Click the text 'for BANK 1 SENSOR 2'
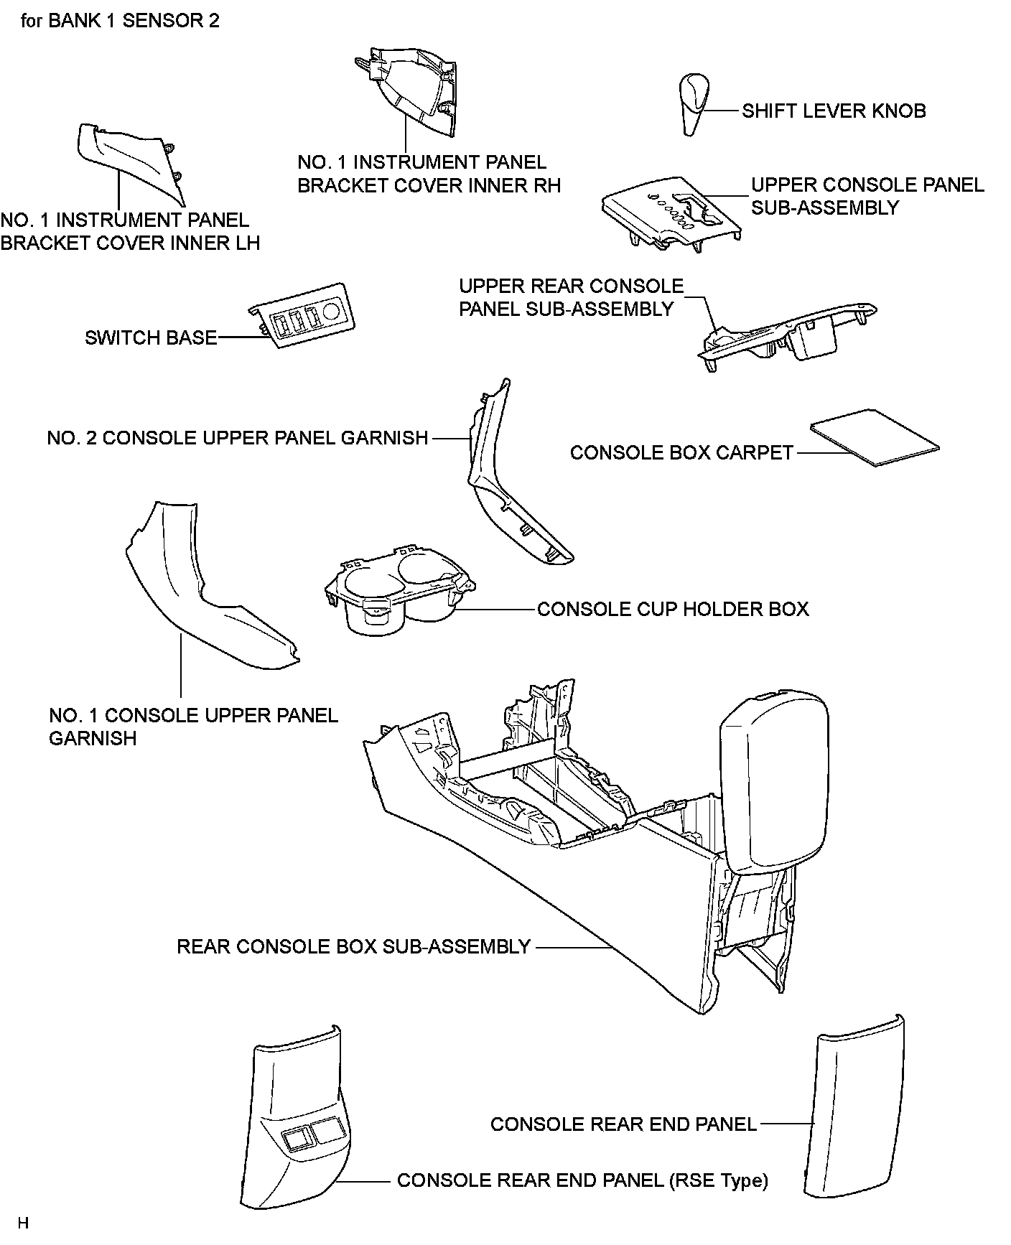pos(121,21)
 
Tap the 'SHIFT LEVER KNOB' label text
pos(834,111)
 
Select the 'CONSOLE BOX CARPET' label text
pos(681,453)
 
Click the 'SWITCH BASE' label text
pos(151,337)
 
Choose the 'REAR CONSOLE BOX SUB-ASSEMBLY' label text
pos(353,946)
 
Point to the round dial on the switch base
pos(332,310)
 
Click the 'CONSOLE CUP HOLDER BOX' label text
pos(673,610)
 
